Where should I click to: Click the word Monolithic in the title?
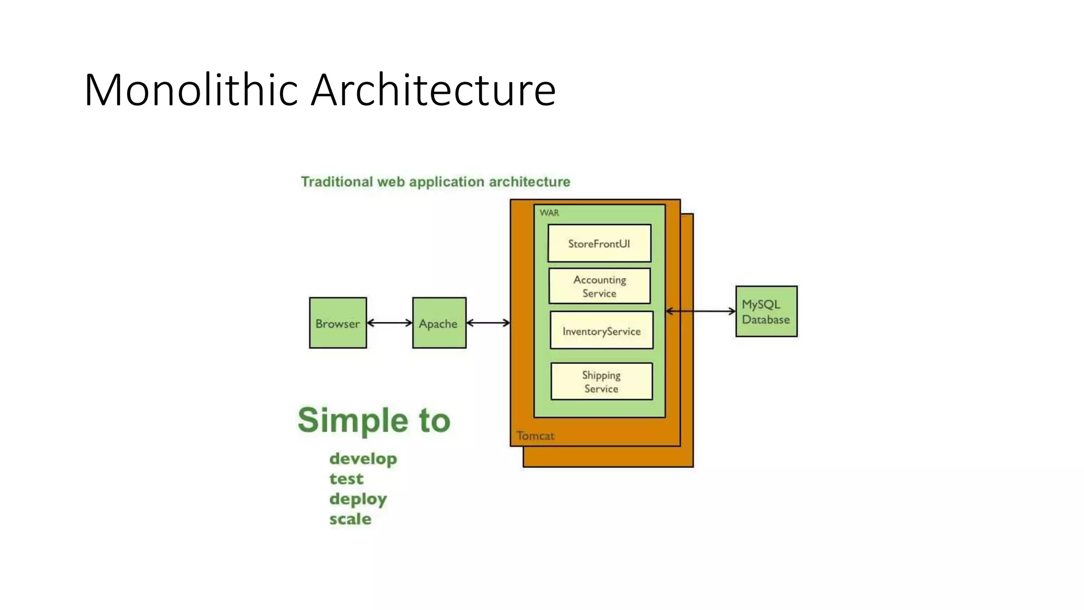pyautogui.click(x=191, y=90)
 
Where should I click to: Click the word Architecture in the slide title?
pyautogui.click(x=433, y=90)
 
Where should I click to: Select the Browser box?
pyautogui.click(x=338, y=323)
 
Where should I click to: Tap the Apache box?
pyautogui.click(x=439, y=323)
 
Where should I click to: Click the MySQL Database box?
pyautogui.click(x=766, y=311)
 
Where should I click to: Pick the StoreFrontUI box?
pyautogui.click(x=599, y=244)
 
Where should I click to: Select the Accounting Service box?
pyautogui.click(x=599, y=286)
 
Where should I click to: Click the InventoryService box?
pyautogui.click(x=601, y=331)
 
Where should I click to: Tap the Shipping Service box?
pyautogui.click(x=601, y=381)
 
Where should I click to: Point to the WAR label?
pyautogui.click(x=549, y=213)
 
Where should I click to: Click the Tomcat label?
pyautogui.click(x=535, y=436)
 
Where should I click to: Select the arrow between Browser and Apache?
pyautogui.click(x=389, y=322)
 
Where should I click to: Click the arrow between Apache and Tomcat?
pyautogui.click(x=488, y=322)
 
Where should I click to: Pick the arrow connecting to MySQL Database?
pyautogui.click(x=700, y=311)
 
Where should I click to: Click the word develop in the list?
pyautogui.click(x=363, y=459)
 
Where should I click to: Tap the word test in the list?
pyautogui.click(x=346, y=479)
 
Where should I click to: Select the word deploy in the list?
pyautogui.click(x=358, y=499)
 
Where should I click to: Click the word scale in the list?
pyautogui.click(x=350, y=519)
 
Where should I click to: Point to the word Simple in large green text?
pyautogui.click(x=353, y=421)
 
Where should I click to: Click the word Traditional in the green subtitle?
pyautogui.click(x=337, y=182)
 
